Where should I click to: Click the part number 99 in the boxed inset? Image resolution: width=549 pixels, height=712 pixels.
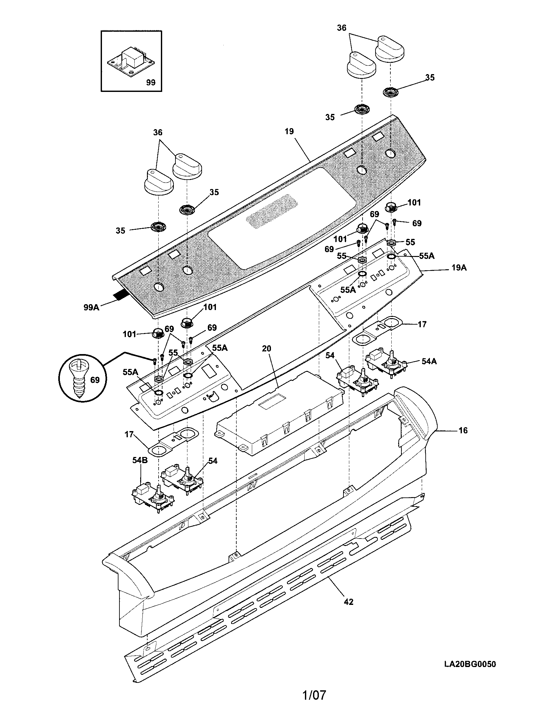[151, 83]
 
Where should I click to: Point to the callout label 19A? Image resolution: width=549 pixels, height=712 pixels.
[459, 268]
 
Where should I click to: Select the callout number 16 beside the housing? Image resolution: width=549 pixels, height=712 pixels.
[463, 430]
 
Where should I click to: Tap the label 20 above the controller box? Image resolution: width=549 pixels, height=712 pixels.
[266, 349]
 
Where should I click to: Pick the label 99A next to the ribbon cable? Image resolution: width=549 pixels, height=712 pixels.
[91, 307]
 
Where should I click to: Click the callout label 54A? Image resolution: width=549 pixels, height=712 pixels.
[429, 361]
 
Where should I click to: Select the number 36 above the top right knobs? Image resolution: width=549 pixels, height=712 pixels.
[341, 28]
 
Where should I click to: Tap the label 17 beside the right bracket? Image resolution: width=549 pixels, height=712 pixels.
[422, 324]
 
